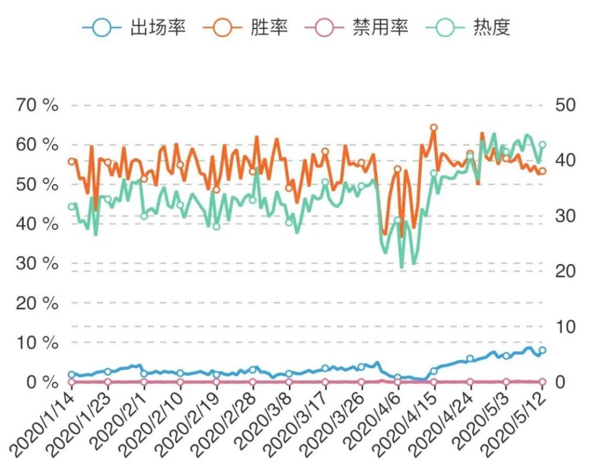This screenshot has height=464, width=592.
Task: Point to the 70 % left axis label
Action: tap(37, 105)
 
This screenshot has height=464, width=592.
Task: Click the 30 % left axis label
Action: tap(37, 263)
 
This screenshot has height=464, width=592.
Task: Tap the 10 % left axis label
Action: tap(37, 343)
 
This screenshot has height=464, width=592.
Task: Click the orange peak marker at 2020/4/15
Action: tap(433, 127)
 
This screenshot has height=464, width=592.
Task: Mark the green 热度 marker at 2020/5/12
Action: tap(542, 144)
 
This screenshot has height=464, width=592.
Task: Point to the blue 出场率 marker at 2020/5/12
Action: tap(542, 350)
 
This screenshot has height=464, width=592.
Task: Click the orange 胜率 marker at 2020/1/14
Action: tap(72, 162)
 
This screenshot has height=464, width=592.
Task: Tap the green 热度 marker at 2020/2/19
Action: tap(216, 227)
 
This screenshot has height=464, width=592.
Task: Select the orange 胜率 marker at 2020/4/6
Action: tap(398, 169)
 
